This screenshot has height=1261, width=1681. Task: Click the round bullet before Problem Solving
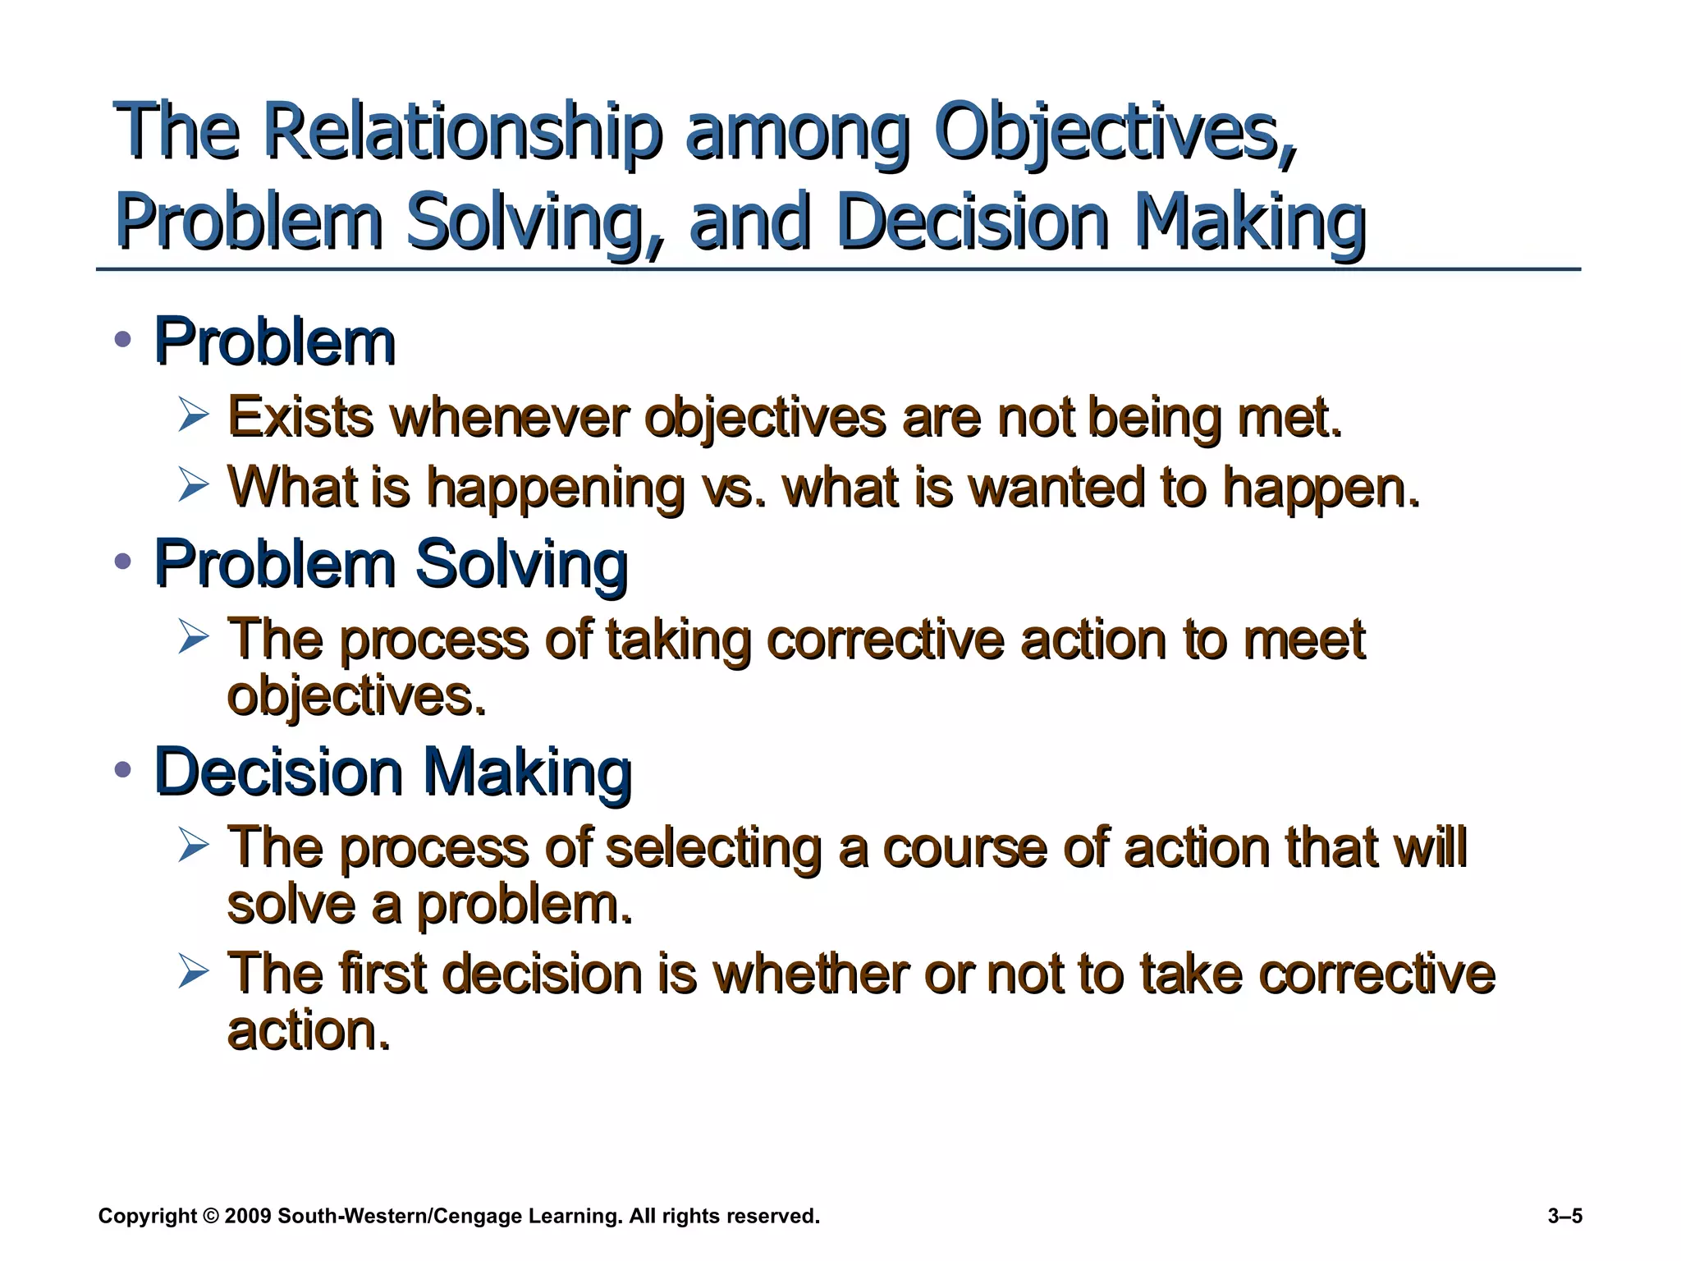[123, 562]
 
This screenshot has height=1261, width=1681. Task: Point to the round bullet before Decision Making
[123, 770]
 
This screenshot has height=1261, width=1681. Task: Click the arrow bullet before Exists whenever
[194, 415]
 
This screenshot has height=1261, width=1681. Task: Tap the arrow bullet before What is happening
[194, 484]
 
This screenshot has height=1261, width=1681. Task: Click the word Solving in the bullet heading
[521, 564]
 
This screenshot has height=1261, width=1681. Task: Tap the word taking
[678, 640]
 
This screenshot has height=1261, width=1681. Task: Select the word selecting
[713, 848]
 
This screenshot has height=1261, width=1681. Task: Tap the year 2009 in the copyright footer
[247, 1216]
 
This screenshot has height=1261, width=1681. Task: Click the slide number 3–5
[1564, 1216]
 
